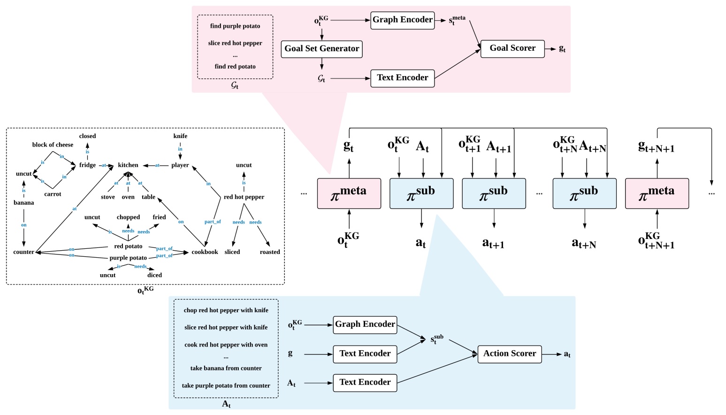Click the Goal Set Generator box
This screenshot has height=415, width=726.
click(321, 49)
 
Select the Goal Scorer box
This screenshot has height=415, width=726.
click(512, 48)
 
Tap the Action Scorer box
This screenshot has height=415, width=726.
click(509, 354)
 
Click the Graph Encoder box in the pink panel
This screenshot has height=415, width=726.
click(402, 20)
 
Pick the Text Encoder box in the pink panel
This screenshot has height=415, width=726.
click(402, 78)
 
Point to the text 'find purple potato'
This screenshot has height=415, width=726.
click(235, 26)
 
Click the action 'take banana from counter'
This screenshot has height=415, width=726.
click(226, 369)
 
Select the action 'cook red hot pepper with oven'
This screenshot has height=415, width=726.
click(226, 345)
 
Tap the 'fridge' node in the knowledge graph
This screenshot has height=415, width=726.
click(87, 165)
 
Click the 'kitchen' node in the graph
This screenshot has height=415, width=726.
click(128, 165)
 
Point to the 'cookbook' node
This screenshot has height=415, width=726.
click(205, 252)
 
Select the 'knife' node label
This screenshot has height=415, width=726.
click(180, 136)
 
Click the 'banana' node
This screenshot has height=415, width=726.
click(23, 203)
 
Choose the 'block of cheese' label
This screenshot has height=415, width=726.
click(53, 145)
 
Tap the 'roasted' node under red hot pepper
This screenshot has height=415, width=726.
click(270, 252)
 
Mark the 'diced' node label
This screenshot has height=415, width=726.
click(154, 276)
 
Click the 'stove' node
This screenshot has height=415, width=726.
click(108, 197)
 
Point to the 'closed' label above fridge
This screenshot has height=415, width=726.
click(87, 136)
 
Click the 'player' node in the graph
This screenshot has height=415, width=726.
click(180, 165)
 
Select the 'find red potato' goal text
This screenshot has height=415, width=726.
click(235, 67)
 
